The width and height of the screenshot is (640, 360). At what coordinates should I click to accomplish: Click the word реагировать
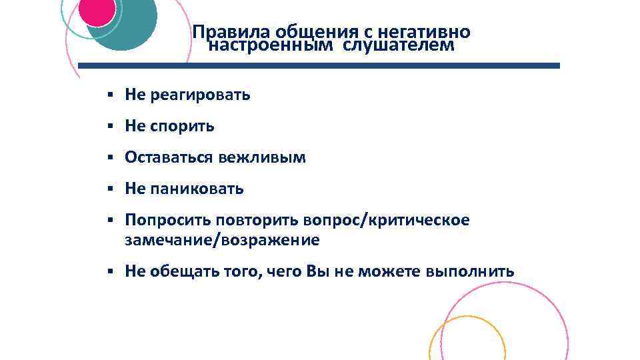(201, 95)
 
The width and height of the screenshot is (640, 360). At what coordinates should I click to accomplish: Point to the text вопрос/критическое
(387, 220)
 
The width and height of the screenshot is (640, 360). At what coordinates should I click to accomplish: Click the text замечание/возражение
(222, 239)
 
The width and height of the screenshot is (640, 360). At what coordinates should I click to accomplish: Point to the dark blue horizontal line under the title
(319, 66)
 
